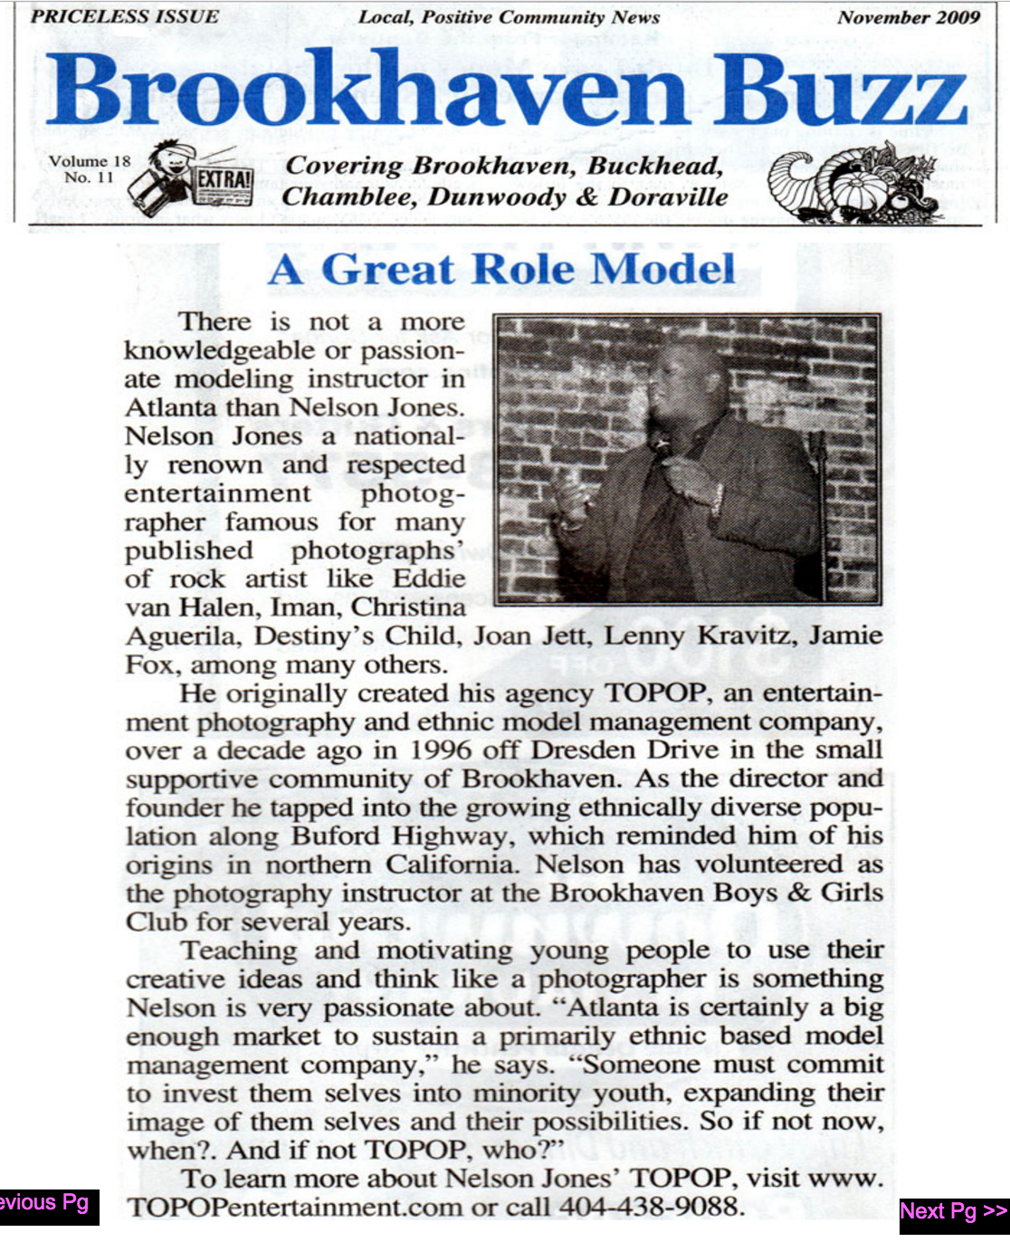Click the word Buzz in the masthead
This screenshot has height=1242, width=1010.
(841, 91)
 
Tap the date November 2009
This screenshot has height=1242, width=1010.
(908, 17)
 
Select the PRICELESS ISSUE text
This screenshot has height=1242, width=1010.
(125, 17)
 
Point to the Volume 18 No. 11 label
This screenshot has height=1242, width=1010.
(90, 169)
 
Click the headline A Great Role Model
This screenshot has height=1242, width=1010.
(501, 270)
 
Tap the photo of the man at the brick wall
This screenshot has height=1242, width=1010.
(687, 459)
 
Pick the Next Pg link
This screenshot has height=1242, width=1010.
(953, 1211)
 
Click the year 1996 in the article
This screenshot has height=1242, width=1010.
(440, 750)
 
